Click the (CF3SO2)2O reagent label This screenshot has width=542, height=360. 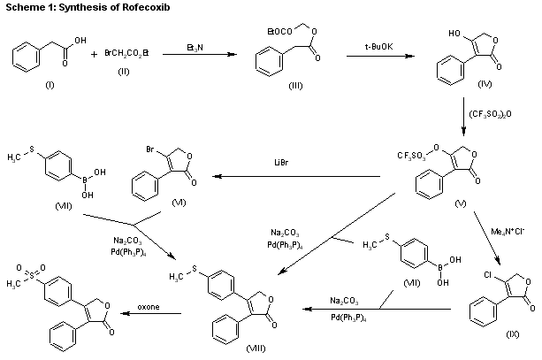tap(500, 113)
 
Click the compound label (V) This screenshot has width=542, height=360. tap(461, 205)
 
